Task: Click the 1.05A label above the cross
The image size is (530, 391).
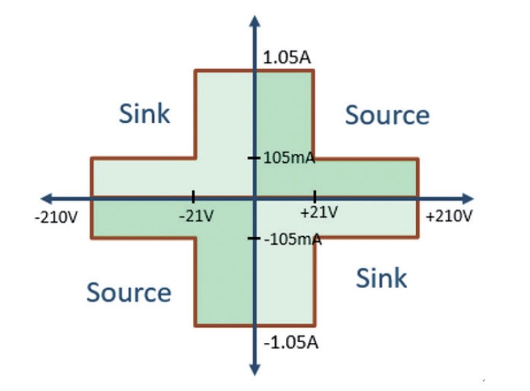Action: point(287,58)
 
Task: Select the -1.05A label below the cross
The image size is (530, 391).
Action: point(291,343)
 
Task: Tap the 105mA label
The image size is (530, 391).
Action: point(289,157)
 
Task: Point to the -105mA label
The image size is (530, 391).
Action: point(293,239)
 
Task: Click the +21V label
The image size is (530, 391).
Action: point(319,212)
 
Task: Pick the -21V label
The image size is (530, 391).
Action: point(197,216)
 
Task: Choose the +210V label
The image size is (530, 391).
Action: point(449,216)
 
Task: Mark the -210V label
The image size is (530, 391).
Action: point(56,217)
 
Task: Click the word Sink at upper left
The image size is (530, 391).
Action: point(144,113)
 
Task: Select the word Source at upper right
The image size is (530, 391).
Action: point(387,115)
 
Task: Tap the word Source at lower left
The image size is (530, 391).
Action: point(129,292)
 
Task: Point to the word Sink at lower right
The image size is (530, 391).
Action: point(382,278)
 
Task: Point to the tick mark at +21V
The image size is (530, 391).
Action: point(315,197)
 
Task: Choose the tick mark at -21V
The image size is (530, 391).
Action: point(193,197)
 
